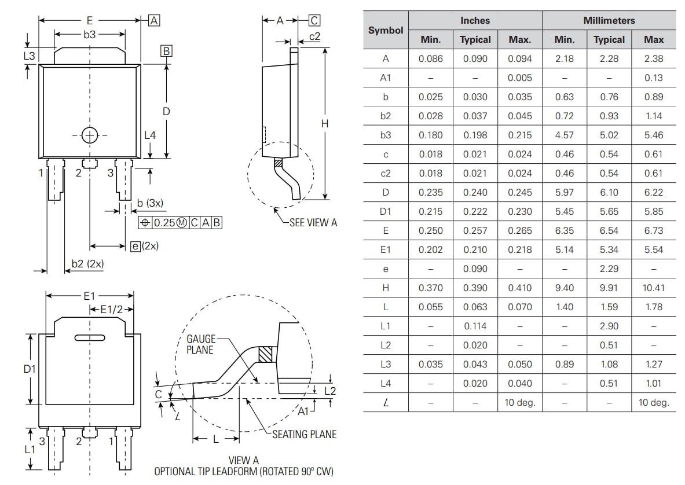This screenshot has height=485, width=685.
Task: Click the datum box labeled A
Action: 154,21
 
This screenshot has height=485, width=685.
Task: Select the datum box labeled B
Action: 166,52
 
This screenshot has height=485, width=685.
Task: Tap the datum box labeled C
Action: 314,21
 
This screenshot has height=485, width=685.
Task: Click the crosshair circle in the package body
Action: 90,135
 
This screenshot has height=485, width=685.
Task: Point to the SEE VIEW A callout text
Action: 313,222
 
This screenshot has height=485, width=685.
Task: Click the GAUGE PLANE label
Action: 200,344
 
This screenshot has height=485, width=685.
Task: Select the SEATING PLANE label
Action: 304,434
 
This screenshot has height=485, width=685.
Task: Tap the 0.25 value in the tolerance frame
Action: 164,222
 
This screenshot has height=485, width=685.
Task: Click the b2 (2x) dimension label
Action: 87,264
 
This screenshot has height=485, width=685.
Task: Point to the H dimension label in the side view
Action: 325,123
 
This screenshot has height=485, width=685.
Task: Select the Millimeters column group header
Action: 609,20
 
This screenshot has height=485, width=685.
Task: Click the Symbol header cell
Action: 386,30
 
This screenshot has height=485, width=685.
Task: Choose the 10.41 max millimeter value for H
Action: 653,288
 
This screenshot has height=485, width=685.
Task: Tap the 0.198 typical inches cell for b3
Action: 475,135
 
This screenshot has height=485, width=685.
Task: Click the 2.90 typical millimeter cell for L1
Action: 609,326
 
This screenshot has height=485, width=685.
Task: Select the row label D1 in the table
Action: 386,211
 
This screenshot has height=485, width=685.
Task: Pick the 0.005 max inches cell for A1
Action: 519,78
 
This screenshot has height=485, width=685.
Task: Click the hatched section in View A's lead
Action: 265,354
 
